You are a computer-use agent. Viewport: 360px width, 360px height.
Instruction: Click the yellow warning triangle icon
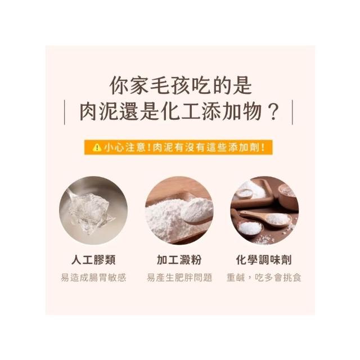click(97, 147)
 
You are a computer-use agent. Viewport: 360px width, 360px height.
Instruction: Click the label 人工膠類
click(93, 260)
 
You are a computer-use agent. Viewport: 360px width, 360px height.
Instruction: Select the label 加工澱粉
click(179, 260)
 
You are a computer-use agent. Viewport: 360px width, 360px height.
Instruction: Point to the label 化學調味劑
click(264, 260)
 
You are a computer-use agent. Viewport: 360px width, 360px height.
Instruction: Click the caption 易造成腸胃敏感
click(94, 277)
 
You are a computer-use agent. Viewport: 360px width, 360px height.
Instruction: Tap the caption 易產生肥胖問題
click(179, 277)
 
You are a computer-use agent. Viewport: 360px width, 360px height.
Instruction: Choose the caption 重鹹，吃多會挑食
click(264, 277)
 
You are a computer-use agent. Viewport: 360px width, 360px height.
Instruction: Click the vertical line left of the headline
click(65, 112)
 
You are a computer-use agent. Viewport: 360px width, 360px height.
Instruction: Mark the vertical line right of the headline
click(292, 112)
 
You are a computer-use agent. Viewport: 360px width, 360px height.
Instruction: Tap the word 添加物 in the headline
click(232, 112)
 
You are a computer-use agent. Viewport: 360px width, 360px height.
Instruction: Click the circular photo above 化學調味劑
click(264, 210)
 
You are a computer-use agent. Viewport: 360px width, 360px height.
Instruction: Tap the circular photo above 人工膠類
click(93, 210)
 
